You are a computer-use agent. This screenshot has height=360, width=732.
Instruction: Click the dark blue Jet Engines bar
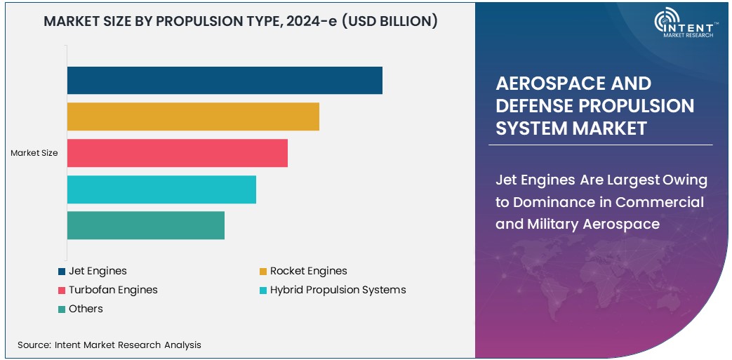point(225,80)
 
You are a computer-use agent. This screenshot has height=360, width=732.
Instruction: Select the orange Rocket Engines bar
point(193,116)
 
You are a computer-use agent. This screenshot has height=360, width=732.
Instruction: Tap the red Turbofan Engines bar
point(178,153)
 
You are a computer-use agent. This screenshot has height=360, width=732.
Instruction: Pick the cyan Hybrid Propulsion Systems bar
point(161,189)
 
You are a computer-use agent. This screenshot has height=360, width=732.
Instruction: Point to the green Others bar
point(146,225)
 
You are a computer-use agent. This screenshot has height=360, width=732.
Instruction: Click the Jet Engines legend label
point(98,271)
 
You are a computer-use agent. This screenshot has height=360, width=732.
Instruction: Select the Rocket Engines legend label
point(308,271)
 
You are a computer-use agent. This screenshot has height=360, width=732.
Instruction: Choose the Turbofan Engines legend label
point(113,290)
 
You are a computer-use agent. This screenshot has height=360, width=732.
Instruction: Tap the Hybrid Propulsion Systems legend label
point(338,290)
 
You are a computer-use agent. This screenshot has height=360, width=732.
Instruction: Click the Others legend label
point(86,309)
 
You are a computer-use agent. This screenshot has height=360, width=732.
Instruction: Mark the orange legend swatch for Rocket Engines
point(263,272)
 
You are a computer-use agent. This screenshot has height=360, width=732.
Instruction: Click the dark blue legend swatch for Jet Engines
point(62,272)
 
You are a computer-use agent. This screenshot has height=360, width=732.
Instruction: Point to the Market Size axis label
point(34,153)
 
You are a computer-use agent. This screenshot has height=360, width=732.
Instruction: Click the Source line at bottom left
point(109,345)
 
